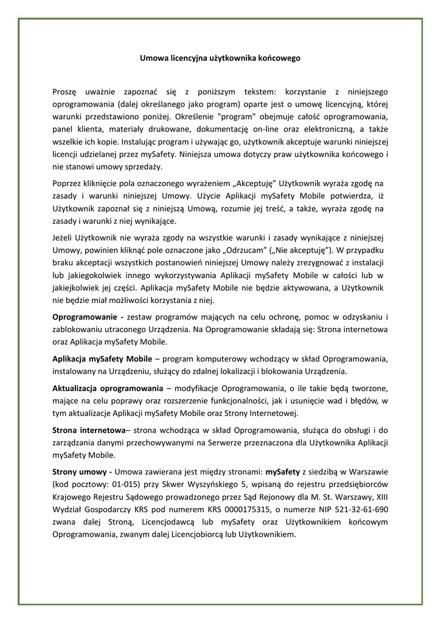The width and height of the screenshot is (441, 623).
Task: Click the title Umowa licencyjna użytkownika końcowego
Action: click(x=220, y=58)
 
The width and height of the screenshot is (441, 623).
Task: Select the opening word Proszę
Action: click(x=65, y=92)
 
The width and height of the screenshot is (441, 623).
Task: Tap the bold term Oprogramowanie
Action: click(x=86, y=318)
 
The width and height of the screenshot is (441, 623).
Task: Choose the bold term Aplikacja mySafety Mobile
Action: click(x=102, y=358)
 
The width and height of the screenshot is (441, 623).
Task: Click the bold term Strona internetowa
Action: click(x=89, y=430)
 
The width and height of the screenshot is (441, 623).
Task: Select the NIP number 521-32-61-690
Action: click(x=355, y=509)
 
